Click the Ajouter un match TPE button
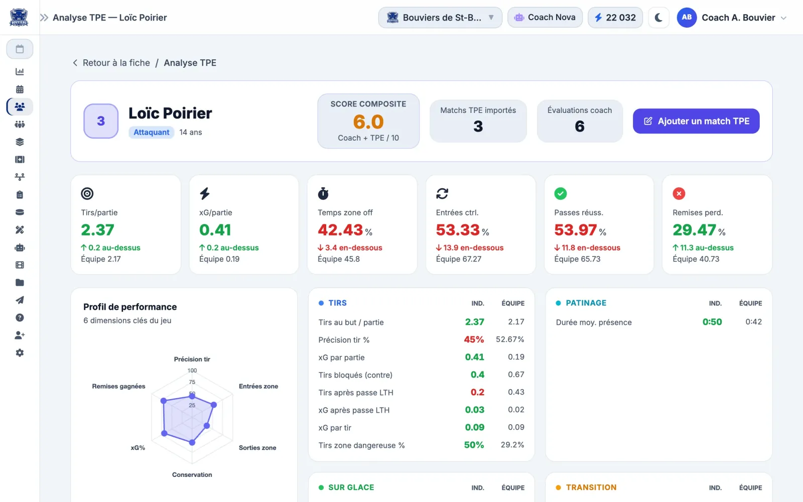pos(696,121)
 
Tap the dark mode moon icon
pos(658,17)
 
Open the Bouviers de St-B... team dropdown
pos(440,17)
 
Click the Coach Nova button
pos(545,17)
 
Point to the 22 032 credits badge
pos(615,17)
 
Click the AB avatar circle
pos(687,17)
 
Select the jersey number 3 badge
pos(101,121)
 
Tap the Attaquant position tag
pos(151,132)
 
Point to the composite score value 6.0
pos(368,121)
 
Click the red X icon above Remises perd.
pos(679,193)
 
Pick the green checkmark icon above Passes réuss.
pos(560,193)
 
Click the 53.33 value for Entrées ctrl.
pos(458,230)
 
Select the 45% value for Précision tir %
pos(474,339)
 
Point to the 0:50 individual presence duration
pos(712,322)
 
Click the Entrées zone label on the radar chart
pos(258,386)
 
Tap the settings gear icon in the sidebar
pos(20,353)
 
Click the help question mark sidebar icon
pos(20,318)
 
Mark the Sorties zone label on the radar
pos(257,447)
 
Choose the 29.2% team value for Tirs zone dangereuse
pos(512,445)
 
